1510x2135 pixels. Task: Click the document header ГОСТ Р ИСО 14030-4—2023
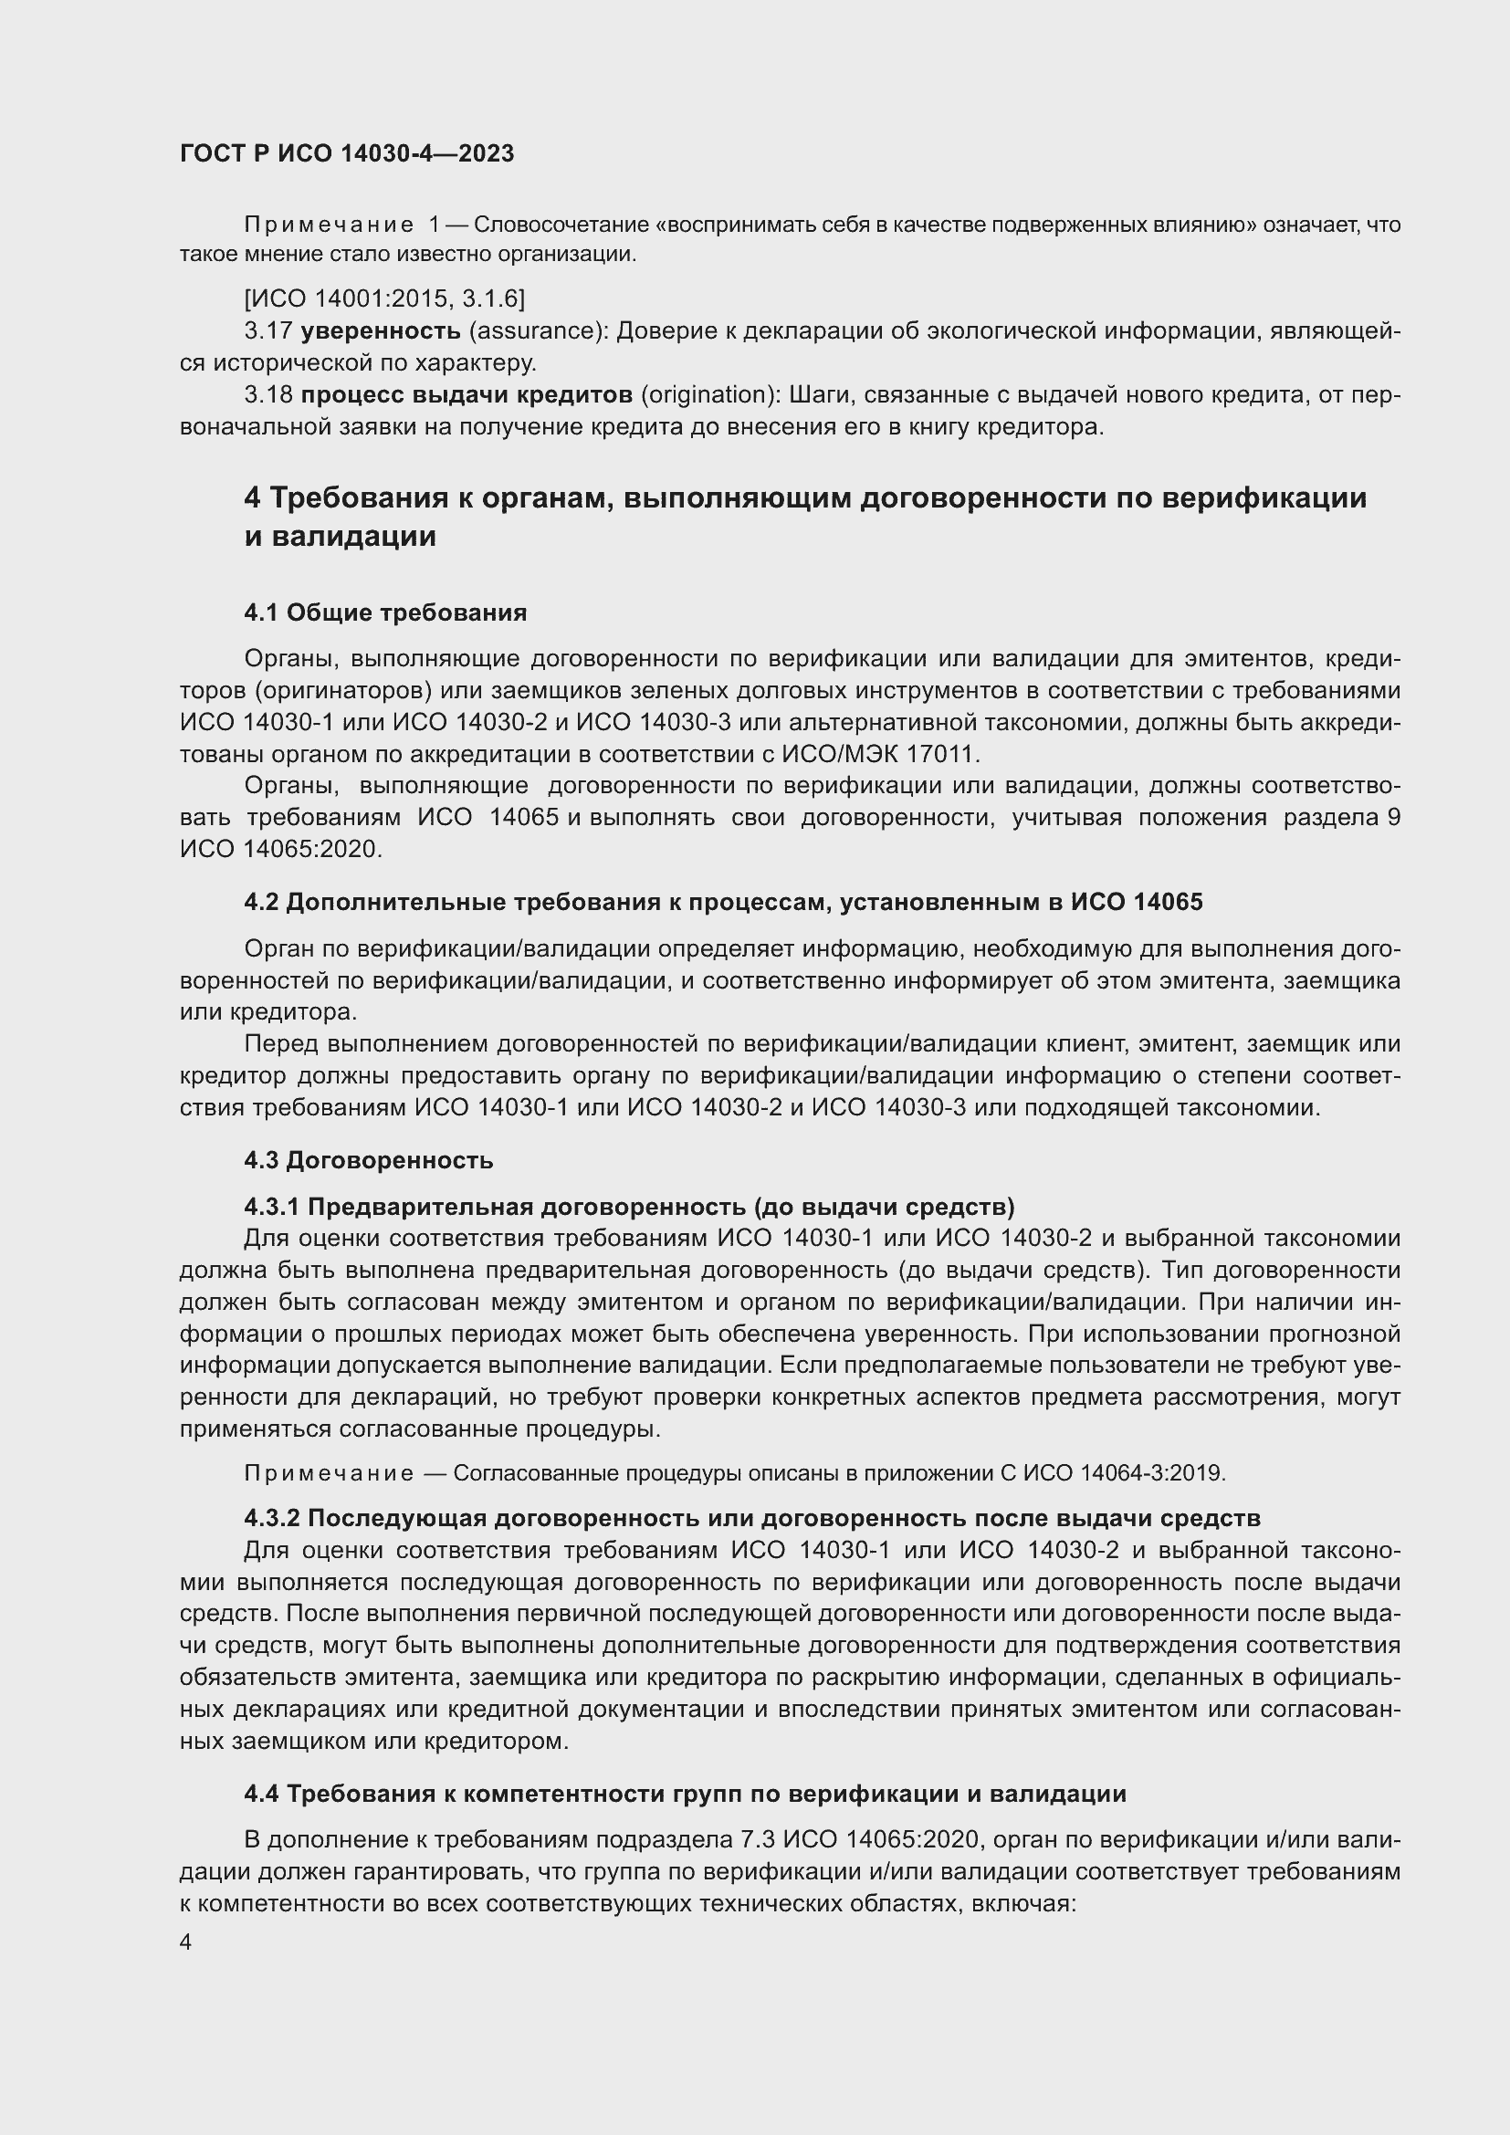347,154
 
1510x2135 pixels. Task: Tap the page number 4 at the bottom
186,1942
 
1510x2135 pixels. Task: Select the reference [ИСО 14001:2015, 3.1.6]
384,298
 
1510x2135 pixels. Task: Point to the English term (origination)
710,395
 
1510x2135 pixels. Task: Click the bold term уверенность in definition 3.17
381,330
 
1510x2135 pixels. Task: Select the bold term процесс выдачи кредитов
467,395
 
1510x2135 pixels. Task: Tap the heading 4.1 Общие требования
385,612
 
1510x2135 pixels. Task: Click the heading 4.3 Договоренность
368,1160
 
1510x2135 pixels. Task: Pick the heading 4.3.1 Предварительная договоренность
628,1207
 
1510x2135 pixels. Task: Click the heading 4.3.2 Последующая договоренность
751,1519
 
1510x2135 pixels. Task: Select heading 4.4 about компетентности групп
685,1794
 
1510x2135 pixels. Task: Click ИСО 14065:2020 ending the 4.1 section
280,849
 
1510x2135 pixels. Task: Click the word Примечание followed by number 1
330,225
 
